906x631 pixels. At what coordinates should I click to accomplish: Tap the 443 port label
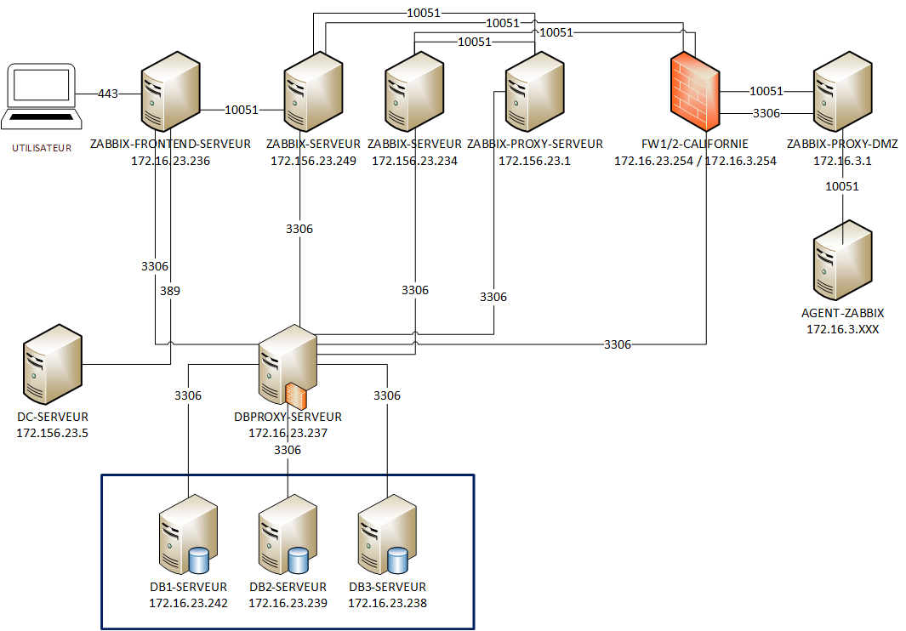click(x=108, y=94)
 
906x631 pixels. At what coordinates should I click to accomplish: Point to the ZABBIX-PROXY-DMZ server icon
click(x=841, y=90)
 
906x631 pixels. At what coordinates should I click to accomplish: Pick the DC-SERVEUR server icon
click(x=52, y=363)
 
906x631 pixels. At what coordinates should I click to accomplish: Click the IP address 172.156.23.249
click(x=313, y=160)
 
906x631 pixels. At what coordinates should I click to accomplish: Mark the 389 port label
click(x=170, y=291)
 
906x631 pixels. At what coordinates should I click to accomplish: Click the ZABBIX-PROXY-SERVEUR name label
click(x=535, y=144)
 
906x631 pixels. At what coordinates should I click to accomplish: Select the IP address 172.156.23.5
click(x=52, y=433)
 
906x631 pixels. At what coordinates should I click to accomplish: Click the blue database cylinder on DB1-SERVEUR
click(x=198, y=560)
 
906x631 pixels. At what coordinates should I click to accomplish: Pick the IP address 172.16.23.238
click(x=387, y=603)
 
